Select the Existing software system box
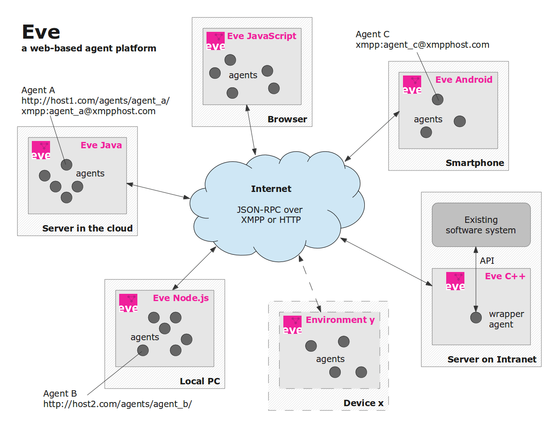click(481, 225)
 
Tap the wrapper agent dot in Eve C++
click(476, 317)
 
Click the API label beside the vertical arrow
click(487, 261)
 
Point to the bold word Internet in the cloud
click(271, 189)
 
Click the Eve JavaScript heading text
click(262, 36)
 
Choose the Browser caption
click(287, 120)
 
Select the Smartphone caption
click(475, 163)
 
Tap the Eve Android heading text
click(463, 80)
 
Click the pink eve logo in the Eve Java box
click(41, 151)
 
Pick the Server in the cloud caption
click(87, 228)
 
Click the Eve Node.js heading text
click(181, 298)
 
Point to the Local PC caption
click(200, 381)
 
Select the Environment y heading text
click(340, 320)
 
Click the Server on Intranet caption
click(492, 359)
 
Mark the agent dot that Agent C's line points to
click(438, 99)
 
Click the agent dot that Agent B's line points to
click(143, 350)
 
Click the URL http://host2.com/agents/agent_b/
click(117, 403)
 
